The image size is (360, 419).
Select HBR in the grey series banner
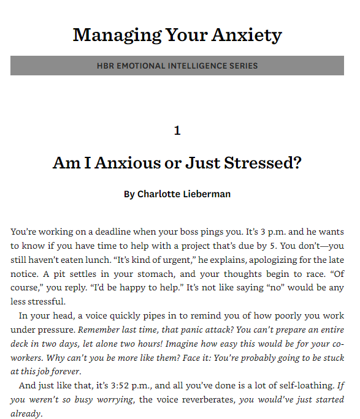click(106, 66)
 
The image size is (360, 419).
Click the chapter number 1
click(177, 130)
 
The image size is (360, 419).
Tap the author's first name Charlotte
click(158, 194)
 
